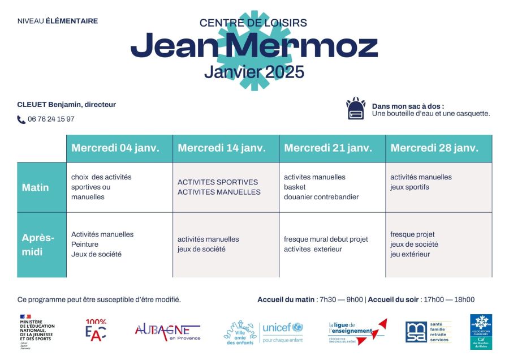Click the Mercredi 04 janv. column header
[115, 148]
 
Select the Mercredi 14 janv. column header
[222, 148]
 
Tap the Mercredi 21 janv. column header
[328, 148]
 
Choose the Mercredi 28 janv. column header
[434, 148]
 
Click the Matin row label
[36, 187]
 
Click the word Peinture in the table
[85, 245]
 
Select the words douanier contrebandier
[321, 197]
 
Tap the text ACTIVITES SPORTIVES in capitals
[218, 182]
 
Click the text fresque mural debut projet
[326, 239]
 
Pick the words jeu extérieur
[410, 254]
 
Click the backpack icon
[356, 109]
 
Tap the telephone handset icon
[21, 119]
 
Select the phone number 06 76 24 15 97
[51, 119]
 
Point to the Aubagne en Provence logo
[167, 332]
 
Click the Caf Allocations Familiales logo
[481, 332]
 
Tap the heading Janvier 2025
[254, 72]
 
